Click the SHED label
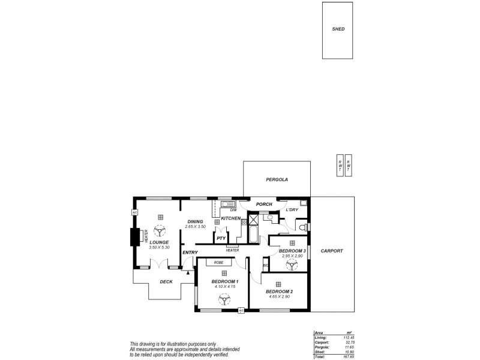point(338,29)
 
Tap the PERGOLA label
point(277,179)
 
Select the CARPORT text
point(332,251)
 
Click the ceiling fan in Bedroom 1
point(226,298)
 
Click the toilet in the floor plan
point(304,228)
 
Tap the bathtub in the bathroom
point(253,234)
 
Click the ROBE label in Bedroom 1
point(218,262)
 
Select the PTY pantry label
point(221,238)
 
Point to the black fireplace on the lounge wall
point(134,238)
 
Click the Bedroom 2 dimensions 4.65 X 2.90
point(278,296)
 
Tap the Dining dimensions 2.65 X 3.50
point(195,227)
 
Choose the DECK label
point(166,282)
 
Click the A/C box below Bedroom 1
point(241,310)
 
